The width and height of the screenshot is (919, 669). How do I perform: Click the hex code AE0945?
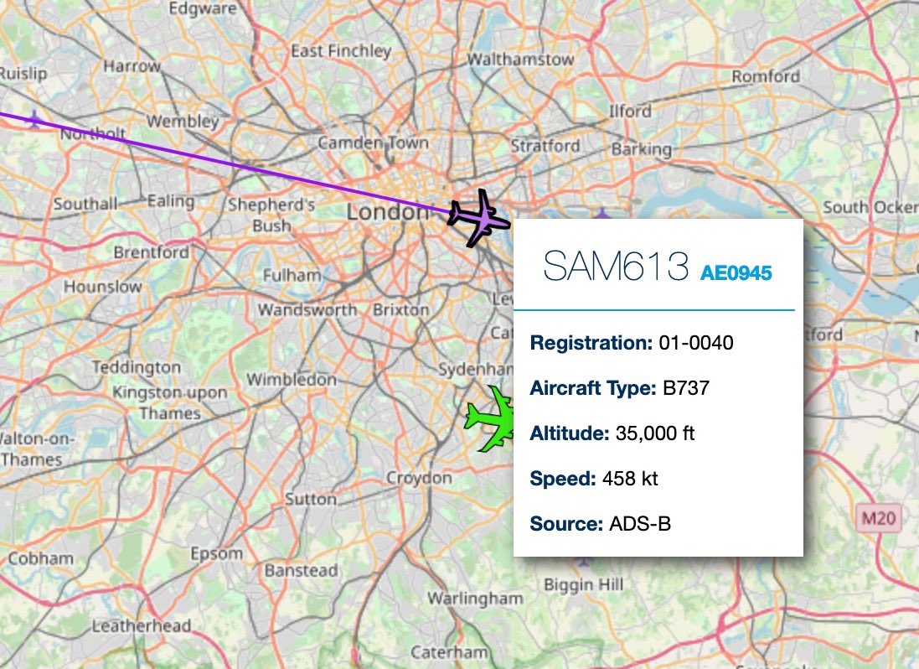point(736,272)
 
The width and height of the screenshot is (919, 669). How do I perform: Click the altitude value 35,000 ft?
point(654,433)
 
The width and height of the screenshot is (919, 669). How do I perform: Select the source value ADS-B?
point(640,524)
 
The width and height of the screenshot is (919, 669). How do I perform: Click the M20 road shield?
point(877,519)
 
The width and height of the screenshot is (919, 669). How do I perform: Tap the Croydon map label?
point(419,478)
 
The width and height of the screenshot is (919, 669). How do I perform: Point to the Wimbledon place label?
point(292,379)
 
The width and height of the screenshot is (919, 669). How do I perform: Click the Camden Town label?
point(373,143)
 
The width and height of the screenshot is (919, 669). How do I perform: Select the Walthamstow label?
point(520,60)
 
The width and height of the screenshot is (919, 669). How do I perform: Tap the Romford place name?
point(766,76)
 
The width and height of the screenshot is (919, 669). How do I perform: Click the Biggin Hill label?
point(584,585)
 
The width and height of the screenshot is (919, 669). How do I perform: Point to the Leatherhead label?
point(142,625)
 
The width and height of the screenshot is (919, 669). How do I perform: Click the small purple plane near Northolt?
point(34,120)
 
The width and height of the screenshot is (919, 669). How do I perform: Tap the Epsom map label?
point(216,553)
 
